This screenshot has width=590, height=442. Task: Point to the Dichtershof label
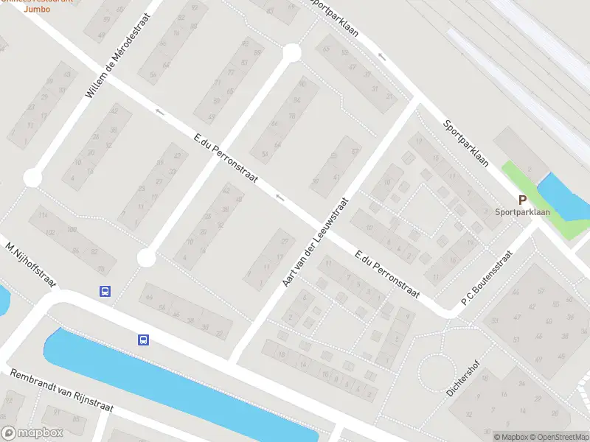coord(462,379)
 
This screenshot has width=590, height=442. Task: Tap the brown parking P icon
coord(522,200)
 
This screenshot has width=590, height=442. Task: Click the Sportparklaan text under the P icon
coord(522,212)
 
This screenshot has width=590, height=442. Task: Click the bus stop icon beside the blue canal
coord(143,340)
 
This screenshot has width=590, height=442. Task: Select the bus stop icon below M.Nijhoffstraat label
coord(105,291)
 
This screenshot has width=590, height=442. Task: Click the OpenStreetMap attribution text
coord(558,437)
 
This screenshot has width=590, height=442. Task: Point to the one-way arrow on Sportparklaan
coord(381,57)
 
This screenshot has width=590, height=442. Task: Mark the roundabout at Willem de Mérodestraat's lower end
coord(32,178)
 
